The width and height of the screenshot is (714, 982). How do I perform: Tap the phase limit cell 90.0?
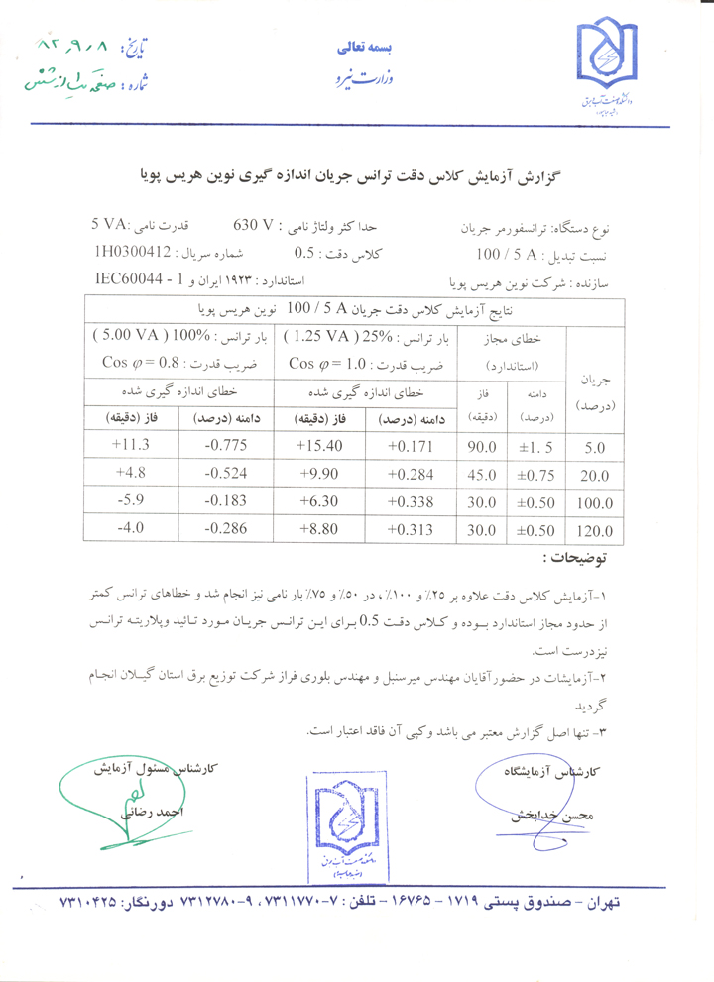point(481,447)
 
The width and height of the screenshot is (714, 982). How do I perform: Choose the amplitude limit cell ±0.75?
point(536,475)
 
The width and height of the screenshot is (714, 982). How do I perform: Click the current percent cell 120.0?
point(596,531)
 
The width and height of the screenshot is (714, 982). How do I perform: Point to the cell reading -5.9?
point(133,500)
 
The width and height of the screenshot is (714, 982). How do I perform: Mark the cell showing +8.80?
point(323,529)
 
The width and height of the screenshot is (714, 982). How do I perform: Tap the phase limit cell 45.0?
point(481,475)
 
